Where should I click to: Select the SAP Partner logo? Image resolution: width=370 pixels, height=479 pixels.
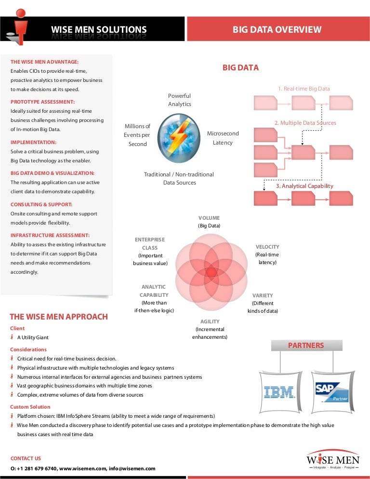pos(331,392)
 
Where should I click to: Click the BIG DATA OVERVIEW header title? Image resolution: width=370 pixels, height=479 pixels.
pos(277,30)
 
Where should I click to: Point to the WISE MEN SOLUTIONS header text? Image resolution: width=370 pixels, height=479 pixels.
pos(99,30)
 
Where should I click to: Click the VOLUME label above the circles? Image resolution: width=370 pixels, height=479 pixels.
pos(209,218)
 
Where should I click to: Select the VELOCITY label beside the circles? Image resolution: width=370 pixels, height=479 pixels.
pos(267,247)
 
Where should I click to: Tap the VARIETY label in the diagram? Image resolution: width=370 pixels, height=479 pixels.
pos(263,295)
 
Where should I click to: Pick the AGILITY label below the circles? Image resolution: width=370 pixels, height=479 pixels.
pos(210,321)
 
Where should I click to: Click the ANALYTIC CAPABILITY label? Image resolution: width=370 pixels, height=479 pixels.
pos(154,291)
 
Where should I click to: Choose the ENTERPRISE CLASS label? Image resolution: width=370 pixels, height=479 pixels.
pos(150,243)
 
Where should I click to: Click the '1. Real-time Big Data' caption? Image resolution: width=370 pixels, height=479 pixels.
pos(304,89)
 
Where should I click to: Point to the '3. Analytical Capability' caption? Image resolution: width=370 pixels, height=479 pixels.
pos(304,186)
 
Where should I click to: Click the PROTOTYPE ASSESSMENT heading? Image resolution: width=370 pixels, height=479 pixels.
pos(42,102)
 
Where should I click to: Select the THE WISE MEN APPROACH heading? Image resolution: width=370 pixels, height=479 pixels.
pos(59,317)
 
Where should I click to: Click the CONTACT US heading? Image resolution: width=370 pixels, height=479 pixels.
pos(26,458)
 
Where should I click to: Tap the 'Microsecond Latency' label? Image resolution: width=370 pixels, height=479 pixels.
pos(223,138)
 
